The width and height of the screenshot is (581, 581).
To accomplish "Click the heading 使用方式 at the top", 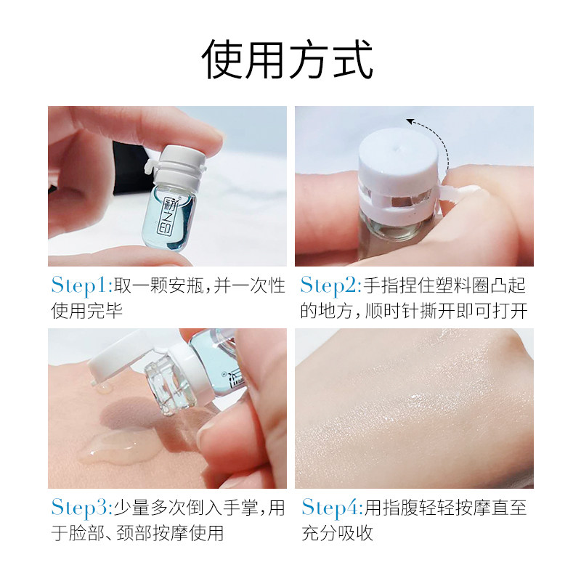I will [x=288, y=60].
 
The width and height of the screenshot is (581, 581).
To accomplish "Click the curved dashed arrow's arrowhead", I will [x=410, y=123].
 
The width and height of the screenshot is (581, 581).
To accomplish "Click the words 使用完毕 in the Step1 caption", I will [x=87, y=311].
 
